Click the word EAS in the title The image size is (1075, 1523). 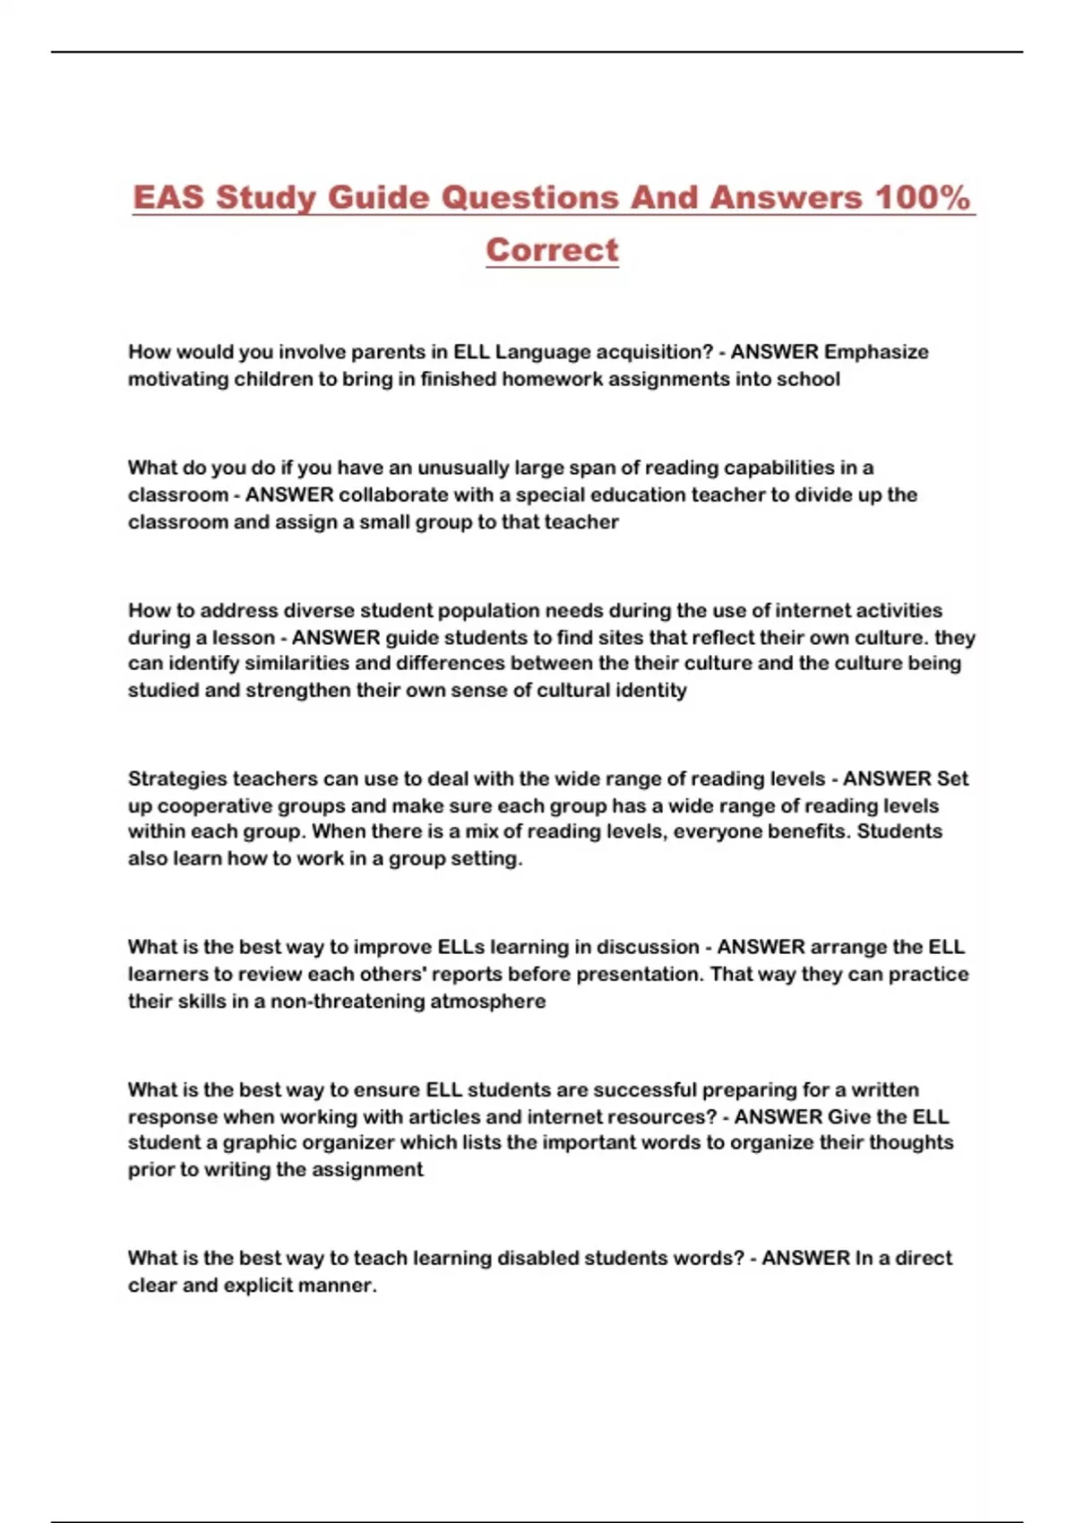[x=169, y=197]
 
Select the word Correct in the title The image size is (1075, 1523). [x=552, y=250]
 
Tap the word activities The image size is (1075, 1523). [x=899, y=611]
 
